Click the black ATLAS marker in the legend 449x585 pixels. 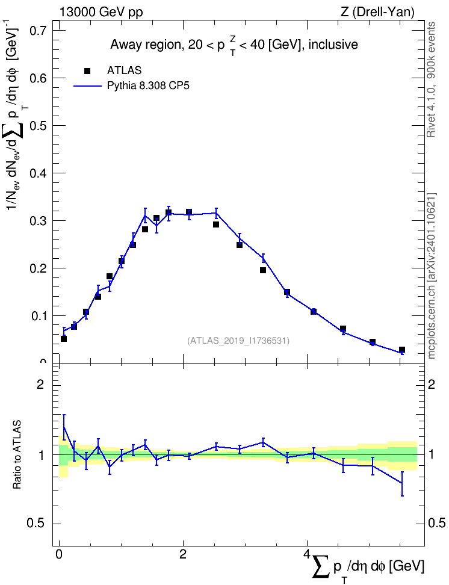point(87,71)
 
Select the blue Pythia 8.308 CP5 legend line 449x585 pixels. point(87,86)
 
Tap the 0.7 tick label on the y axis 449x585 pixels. point(39,30)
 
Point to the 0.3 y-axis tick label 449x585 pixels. point(39,221)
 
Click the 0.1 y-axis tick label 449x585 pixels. point(39,316)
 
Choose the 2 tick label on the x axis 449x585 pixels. point(183,554)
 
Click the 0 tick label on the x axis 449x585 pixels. point(59,554)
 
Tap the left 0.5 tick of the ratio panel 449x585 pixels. point(37,524)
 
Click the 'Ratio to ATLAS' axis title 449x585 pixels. point(17,455)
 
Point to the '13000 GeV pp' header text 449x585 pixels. point(101,12)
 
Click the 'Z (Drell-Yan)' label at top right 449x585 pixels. point(377,12)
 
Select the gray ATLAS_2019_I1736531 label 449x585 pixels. point(238,341)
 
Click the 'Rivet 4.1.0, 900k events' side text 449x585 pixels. point(431,79)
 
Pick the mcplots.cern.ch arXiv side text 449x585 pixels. point(431,276)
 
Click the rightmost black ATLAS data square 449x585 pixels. point(402,350)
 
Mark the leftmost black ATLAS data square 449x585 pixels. point(64,339)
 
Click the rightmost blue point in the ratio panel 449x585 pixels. point(402,483)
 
